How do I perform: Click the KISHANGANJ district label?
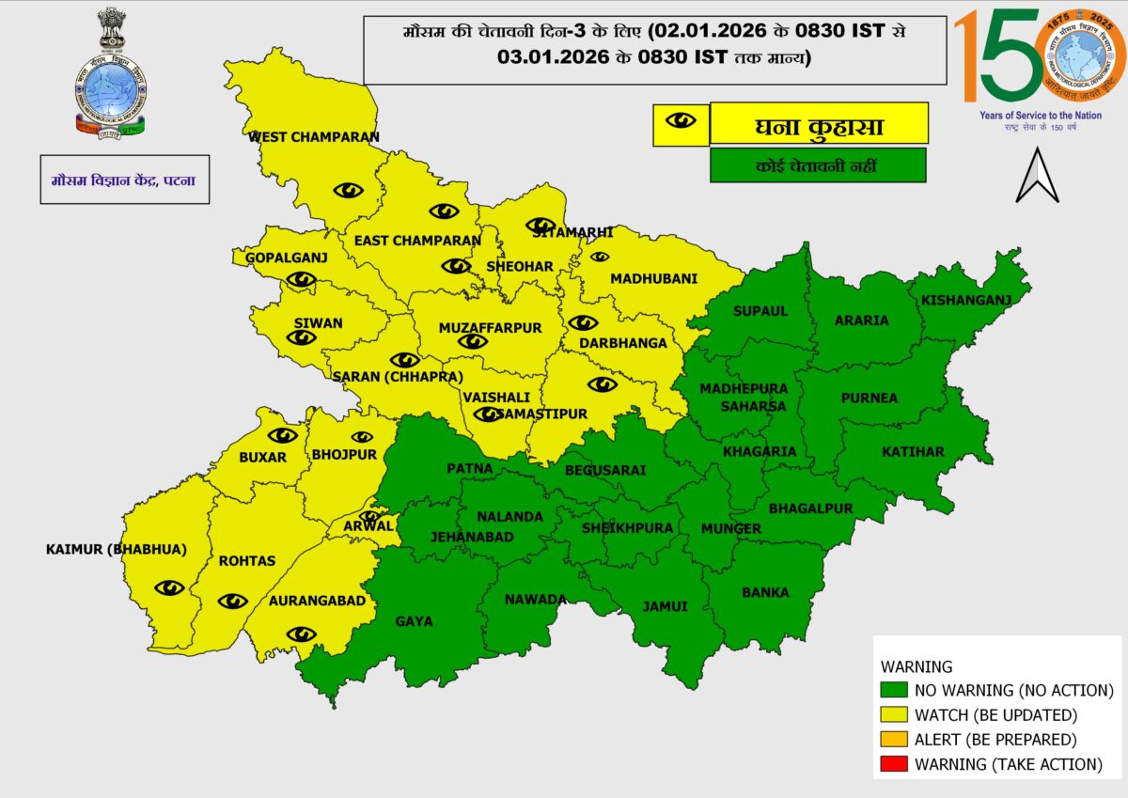tap(965, 301)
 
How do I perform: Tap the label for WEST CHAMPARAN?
tap(314, 137)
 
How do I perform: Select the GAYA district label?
tap(414, 621)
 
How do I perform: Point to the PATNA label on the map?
tap(470, 468)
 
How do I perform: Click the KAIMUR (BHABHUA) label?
tap(117, 549)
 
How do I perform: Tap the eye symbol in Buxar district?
tap(282, 435)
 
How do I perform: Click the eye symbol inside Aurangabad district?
tap(301, 634)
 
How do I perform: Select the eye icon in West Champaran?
tap(348, 190)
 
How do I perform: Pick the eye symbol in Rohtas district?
tap(232, 601)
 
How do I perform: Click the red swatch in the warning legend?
tap(894, 764)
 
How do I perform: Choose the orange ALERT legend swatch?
tap(894, 740)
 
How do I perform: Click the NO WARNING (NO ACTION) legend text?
tap(1013, 691)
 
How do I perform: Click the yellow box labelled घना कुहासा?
tap(819, 124)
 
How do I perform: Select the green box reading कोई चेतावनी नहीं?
tap(818, 165)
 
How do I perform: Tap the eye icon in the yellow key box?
tap(681, 122)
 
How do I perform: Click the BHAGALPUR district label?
tap(810, 509)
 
